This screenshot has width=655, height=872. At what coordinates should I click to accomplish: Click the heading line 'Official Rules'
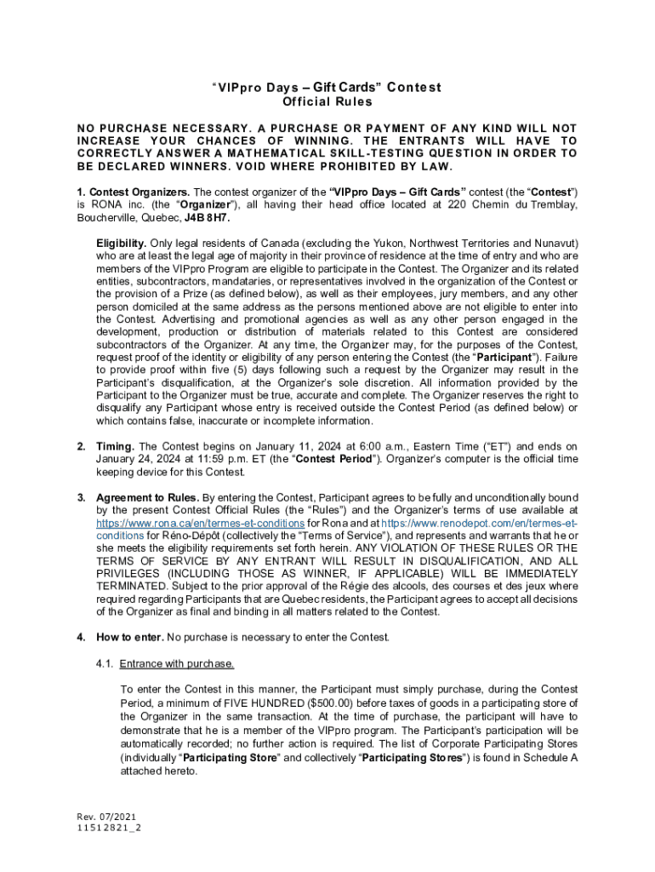click(x=327, y=102)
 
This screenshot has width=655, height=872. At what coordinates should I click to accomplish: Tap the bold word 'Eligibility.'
click(x=122, y=243)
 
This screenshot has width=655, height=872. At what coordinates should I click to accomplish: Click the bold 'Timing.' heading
click(x=115, y=446)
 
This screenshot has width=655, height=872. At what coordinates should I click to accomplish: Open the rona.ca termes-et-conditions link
click(x=201, y=522)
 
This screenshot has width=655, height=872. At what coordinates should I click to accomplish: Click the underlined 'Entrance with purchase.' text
click(x=177, y=663)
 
